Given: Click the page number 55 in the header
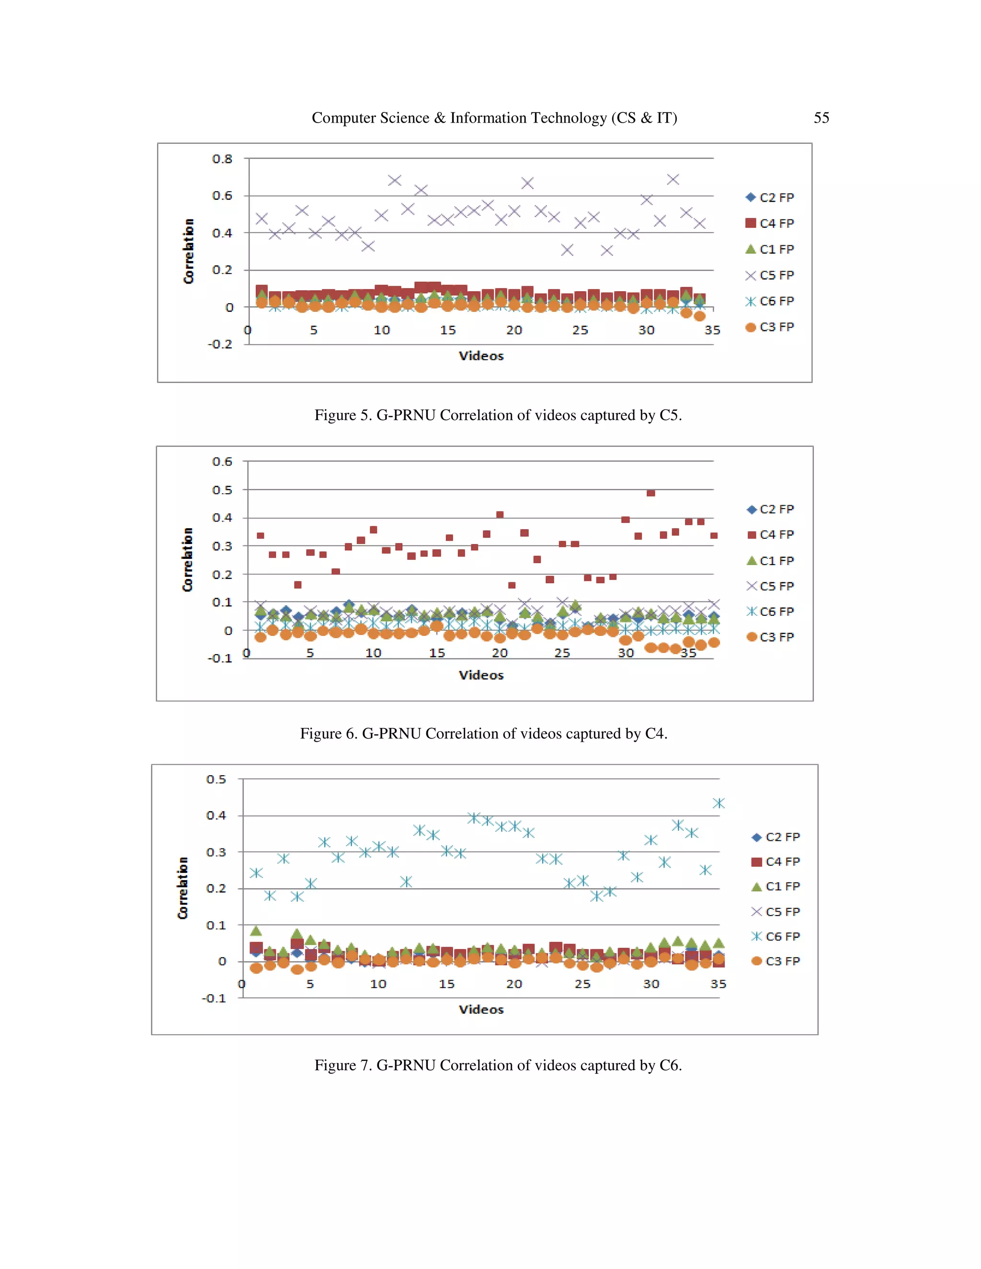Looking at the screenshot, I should (821, 118).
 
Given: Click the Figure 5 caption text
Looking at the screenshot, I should (498, 415).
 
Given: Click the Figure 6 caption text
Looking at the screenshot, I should (483, 733).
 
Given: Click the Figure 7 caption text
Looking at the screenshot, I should (498, 1065).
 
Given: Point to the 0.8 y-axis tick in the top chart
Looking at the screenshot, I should (222, 159).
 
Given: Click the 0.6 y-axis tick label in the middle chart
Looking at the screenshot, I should (222, 461).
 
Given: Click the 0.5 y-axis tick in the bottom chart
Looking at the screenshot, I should (216, 779).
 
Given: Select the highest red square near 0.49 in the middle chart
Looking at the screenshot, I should (651, 493).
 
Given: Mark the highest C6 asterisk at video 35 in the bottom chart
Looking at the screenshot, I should (719, 803).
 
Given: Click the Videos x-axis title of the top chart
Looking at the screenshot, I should (481, 356).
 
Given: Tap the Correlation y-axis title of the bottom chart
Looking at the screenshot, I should (183, 888).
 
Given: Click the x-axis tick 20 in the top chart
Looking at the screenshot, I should (514, 330).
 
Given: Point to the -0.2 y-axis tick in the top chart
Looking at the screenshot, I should (220, 344).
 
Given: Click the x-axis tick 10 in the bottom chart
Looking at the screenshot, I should (378, 984).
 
